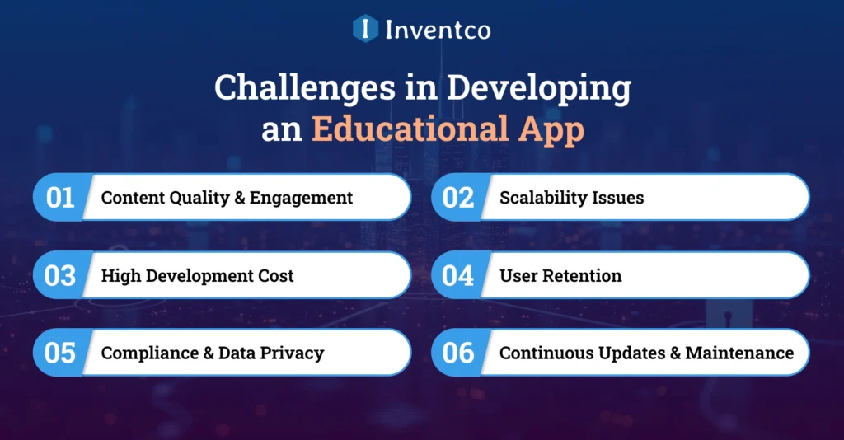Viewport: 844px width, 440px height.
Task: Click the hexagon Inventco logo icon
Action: tap(365, 29)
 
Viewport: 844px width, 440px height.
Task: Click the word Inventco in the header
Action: tap(438, 30)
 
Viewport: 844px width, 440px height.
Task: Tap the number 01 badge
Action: tap(60, 198)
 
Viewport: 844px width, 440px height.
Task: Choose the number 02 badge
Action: tap(457, 198)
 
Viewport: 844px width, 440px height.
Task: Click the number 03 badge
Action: tap(60, 275)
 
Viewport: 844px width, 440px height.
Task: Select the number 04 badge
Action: tap(457, 275)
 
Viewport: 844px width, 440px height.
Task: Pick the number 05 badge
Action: tap(60, 353)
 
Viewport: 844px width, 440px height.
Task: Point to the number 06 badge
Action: tap(457, 353)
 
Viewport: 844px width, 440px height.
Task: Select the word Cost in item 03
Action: tap(275, 275)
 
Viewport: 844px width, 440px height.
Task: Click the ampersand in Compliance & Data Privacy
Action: tap(209, 353)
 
